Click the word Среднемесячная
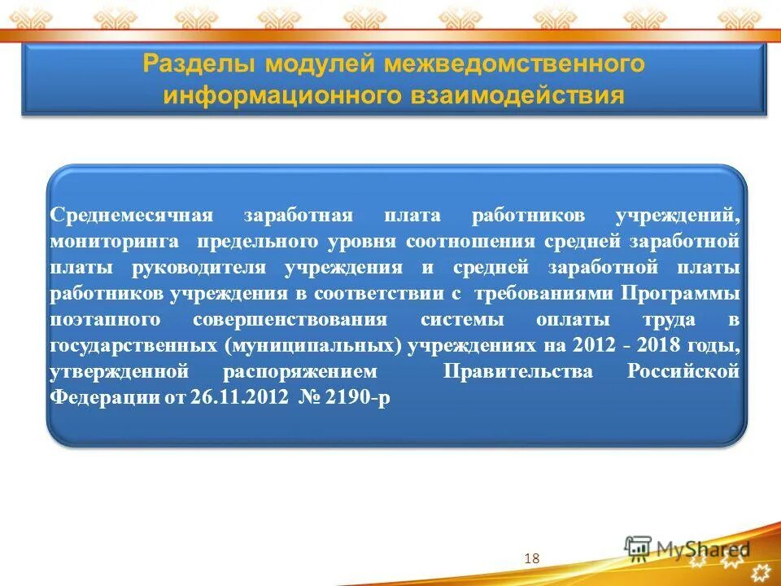click(131, 216)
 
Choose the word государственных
click(133, 345)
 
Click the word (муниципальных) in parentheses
click(313, 345)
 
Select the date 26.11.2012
click(237, 398)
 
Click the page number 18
click(533, 558)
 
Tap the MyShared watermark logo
click(687, 550)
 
